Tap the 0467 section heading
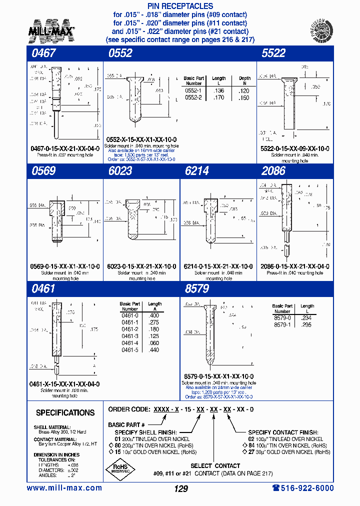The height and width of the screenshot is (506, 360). (44, 53)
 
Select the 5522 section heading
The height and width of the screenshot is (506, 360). (273, 53)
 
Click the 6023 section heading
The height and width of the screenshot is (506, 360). (120, 171)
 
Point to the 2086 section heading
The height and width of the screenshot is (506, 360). (273, 171)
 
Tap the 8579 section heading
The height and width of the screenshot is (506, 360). (197, 289)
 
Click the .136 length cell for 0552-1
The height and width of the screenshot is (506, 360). (218, 90)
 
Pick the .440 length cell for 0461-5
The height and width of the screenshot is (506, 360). (154, 350)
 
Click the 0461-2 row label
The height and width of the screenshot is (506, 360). (129, 329)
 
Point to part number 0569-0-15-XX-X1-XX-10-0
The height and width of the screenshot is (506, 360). (62, 266)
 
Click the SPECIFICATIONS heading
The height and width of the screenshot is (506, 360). (65, 413)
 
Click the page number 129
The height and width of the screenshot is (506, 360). (180, 488)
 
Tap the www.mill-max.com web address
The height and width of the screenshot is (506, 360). (64, 488)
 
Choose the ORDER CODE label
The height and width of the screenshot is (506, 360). (129, 409)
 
